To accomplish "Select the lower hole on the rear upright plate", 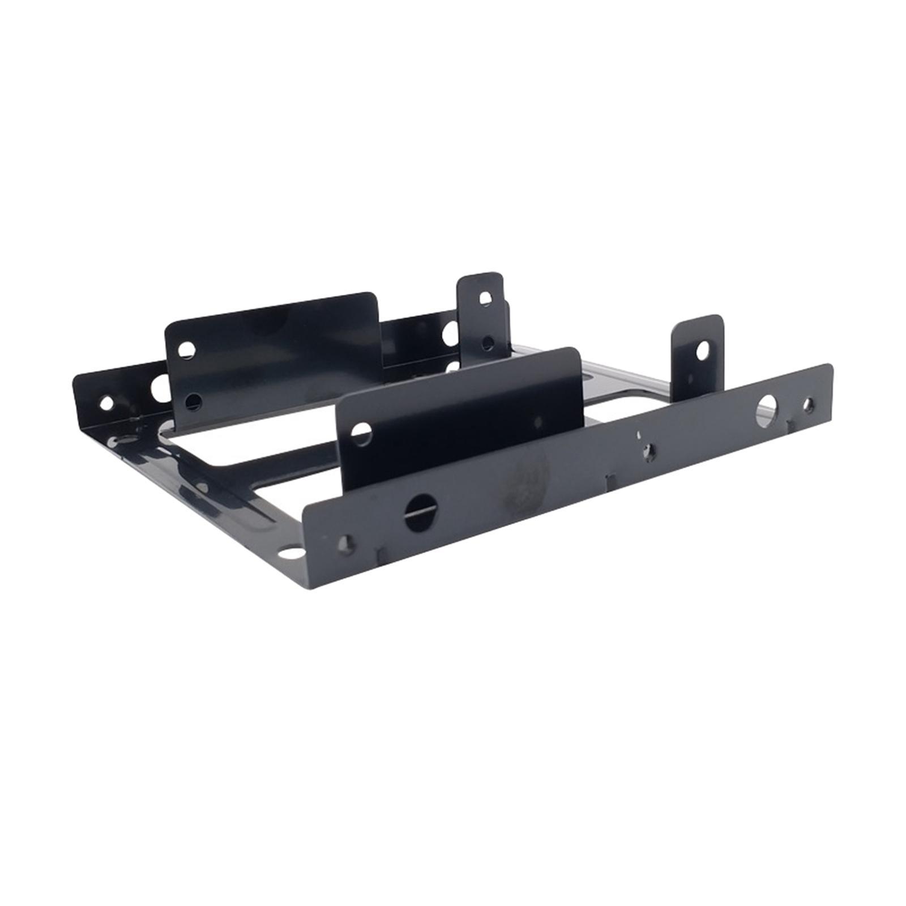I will pos(194,401).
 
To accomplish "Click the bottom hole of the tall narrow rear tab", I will pos(486,343).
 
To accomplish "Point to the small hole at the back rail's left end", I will pos(105,403).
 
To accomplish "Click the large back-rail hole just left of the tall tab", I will pos(450,331).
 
